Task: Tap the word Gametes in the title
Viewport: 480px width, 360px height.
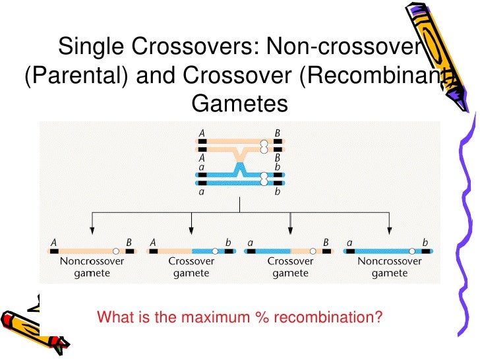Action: [239, 104]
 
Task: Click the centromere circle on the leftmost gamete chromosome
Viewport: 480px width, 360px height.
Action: [116, 251]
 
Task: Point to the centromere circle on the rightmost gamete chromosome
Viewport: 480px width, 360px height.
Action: [413, 251]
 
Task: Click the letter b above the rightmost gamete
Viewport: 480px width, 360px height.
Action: [426, 242]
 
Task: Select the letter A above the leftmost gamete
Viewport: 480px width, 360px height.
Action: [53, 242]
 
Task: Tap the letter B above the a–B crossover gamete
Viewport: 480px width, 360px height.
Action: [326, 242]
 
